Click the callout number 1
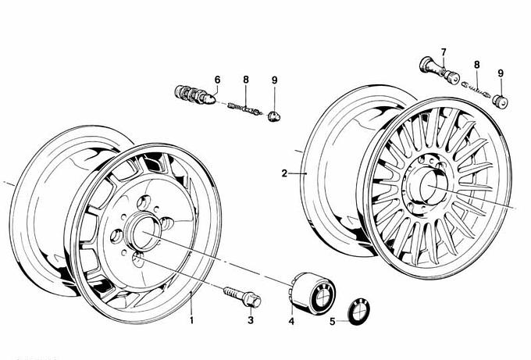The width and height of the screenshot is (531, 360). click(191, 320)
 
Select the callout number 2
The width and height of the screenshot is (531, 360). click(285, 173)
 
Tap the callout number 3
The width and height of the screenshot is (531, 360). click(251, 320)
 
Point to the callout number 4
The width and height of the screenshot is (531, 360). click(290, 320)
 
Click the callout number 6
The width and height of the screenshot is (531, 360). click(218, 80)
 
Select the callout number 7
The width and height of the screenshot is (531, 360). click(443, 53)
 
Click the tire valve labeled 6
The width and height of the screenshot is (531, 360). click(195, 96)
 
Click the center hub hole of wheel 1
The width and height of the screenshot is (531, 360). click(146, 233)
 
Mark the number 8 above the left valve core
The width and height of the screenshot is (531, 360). click(245, 80)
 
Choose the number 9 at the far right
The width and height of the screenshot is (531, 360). click(501, 74)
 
